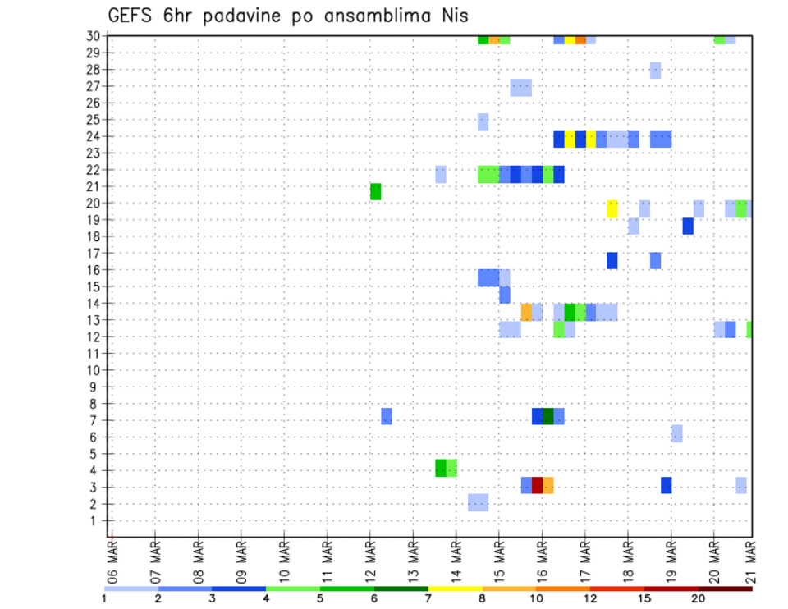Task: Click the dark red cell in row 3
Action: click(x=537, y=485)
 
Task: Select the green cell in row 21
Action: click(x=375, y=191)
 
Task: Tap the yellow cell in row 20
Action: click(x=612, y=208)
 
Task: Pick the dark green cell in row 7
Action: click(x=547, y=416)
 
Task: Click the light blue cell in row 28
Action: click(x=655, y=70)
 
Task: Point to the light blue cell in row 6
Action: click(x=676, y=433)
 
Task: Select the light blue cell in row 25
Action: click(x=483, y=121)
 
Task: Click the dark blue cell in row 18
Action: click(x=687, y=226)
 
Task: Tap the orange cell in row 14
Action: click(x=526, y=312)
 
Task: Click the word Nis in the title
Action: click(x=456, y=16)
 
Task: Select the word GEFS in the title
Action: click(x=132, y=16)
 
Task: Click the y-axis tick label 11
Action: click(x=94, y=354)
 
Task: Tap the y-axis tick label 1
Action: click(x=96, y=520)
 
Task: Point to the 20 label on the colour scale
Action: click(x=698, y=598)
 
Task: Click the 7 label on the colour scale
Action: click(x=428, y=598)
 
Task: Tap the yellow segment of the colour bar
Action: click(x=455, y=588)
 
